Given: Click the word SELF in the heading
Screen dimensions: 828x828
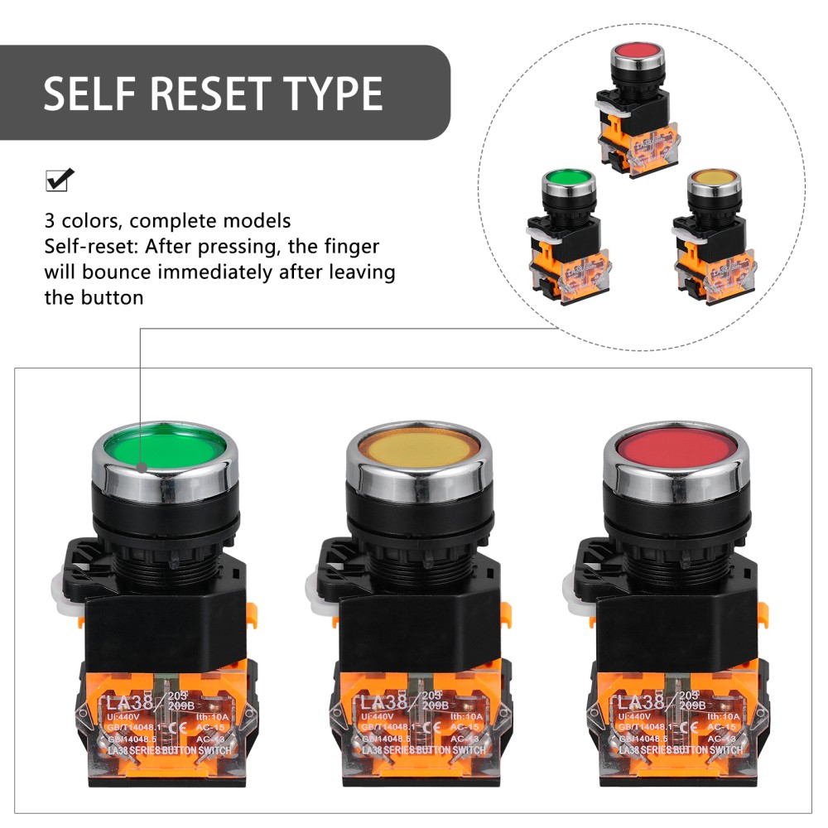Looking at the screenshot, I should (91, 94).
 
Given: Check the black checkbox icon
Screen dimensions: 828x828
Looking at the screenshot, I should (59, 179).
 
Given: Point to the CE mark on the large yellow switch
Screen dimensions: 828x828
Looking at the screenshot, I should (426, 728).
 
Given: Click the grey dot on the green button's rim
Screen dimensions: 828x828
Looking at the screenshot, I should (142, 467).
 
